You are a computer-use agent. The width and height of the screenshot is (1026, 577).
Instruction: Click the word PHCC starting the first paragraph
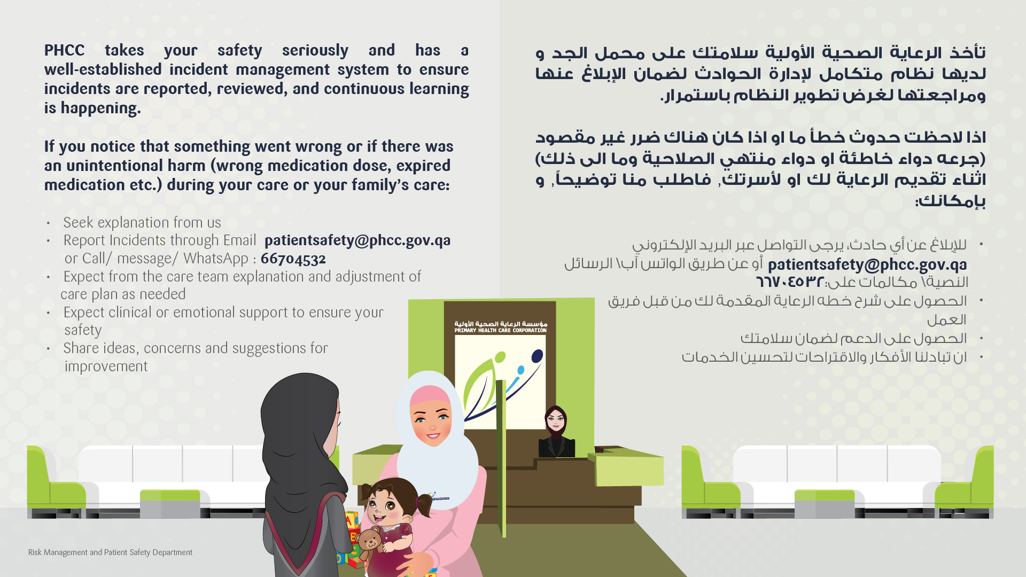pyautogui.click(x=64, y=50)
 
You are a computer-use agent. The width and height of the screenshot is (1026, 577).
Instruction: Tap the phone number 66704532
pyautogui.click(x=293, y=259)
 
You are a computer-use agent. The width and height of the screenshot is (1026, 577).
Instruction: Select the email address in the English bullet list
pyautogui.click(x=357, y=241)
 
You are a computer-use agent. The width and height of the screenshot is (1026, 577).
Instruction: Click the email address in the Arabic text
pyautogui.click(x=867, y=265)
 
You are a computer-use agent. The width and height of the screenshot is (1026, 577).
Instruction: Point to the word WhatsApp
pyautogui.click(x=216, y=259)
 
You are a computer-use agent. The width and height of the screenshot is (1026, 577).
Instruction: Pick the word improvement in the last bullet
pyautogui.click(x=106, y=367)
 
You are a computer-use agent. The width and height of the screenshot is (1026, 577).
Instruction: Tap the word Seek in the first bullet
pyautogui.click(x=79, y=223)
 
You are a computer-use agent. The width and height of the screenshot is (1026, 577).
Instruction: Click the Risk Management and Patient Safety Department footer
pyautogui.click(x=110, y=552)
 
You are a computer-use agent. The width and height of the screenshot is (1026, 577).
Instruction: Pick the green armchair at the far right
pyautogui.click(x=965, y=481)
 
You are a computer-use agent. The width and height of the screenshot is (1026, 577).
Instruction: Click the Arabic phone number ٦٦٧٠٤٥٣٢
pyautogui.click(x=789, y=282)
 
